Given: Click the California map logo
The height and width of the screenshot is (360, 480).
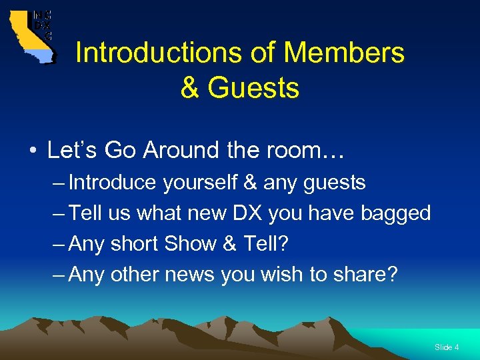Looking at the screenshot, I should (x=31, y=37).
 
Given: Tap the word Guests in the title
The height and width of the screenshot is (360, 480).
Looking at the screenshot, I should (x=255, y=87).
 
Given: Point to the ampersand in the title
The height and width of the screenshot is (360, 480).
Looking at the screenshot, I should (x=190, y=87).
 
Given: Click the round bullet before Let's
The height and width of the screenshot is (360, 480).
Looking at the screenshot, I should (x=32, y=151).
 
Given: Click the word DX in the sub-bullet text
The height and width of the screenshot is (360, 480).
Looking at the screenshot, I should (x=247, y=213).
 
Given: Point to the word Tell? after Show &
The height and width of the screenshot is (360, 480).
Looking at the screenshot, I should (x=265, y=244).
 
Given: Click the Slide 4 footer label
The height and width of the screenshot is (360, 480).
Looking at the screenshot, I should (x=446, y=347).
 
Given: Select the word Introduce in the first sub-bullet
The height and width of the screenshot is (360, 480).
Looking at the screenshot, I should (x=114, y=183).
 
